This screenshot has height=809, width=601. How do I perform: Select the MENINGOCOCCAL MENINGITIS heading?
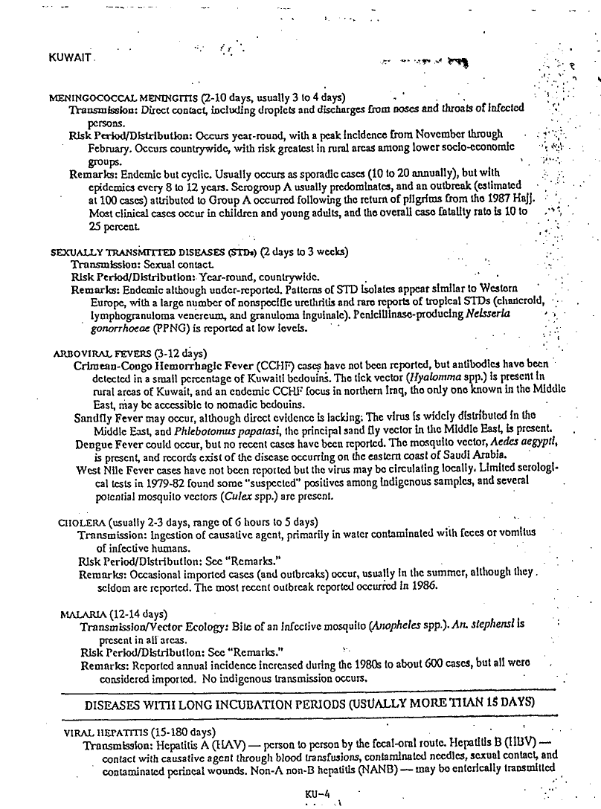[126, 97]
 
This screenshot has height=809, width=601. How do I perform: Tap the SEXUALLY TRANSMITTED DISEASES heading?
[116, 253]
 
